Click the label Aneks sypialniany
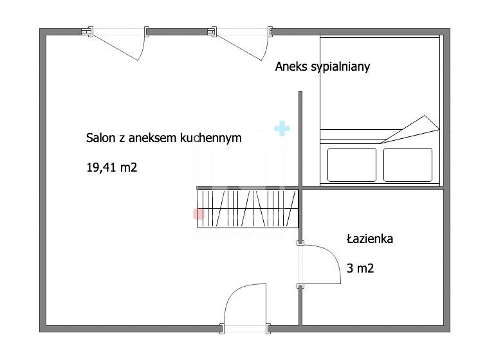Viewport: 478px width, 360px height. point(322,67)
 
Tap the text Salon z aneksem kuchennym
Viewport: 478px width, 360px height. point(164,138)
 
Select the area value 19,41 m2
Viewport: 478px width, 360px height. point(112,168)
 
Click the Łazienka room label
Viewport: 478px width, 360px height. point(369,239)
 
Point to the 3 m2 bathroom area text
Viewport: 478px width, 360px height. point(360,269)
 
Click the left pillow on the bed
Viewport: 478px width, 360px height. point(351,164)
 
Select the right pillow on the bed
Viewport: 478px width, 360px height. point(407,164)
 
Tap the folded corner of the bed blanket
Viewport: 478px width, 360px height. point(415,129)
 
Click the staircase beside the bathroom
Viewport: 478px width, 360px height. point(248,208)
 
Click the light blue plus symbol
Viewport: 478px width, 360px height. point(282,129)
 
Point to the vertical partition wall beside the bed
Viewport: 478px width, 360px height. point(300,138)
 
